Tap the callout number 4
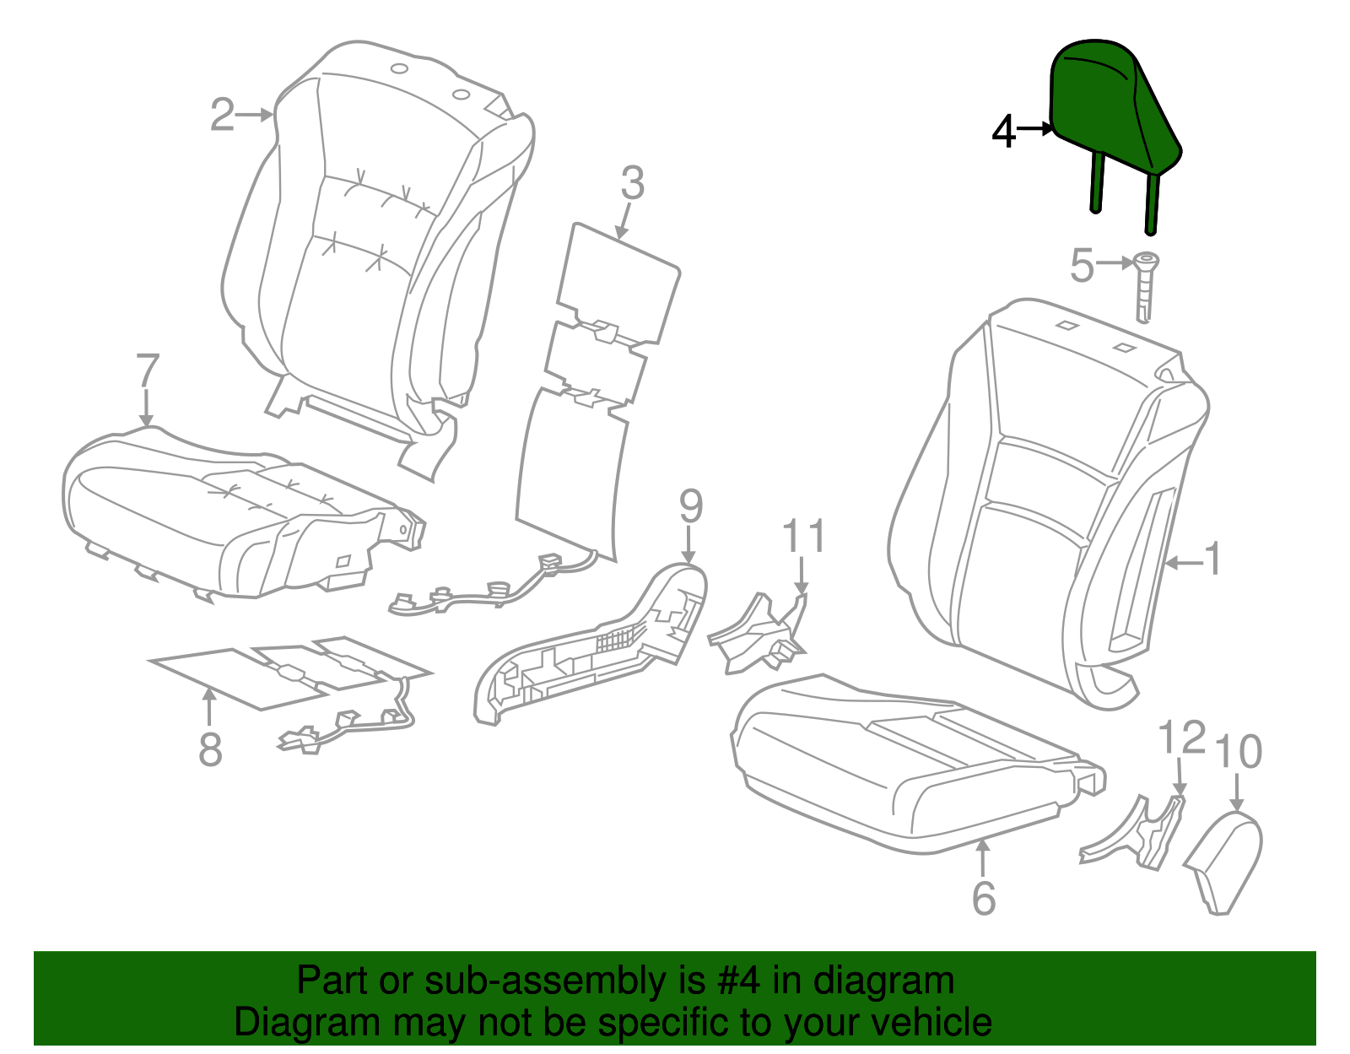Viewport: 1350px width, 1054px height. click(1003, 132)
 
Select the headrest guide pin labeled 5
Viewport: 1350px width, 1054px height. click(1144, 287)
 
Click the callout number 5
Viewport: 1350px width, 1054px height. click(1082, 266)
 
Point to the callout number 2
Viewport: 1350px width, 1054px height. click(222, 115)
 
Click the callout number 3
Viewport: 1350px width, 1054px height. click(632, 183)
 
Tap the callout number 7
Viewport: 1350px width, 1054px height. click(147, 371)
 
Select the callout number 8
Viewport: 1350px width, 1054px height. click(210, 749)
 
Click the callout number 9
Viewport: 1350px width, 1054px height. click(690, 507)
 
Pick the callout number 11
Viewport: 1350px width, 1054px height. click(803, 537)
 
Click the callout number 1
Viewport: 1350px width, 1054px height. click(1212, 559)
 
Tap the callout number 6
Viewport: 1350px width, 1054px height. click(984, 898)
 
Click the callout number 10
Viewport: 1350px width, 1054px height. click(1237, 751)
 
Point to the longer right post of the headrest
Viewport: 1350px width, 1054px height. click(1152, 203)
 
